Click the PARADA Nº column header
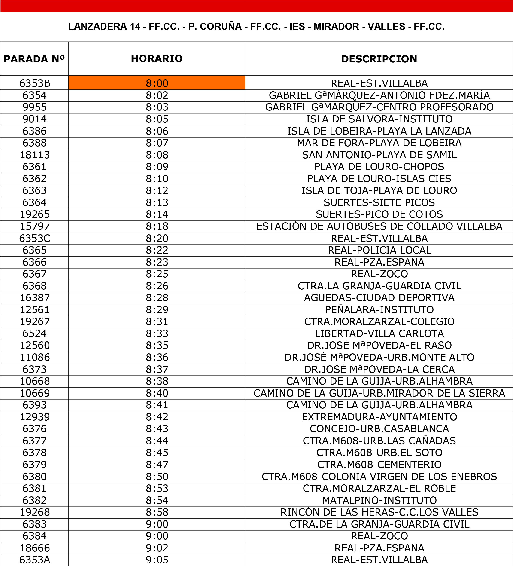[x=34, y=59]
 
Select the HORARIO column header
[x=157, y=58]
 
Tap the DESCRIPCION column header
[x=379, y=59]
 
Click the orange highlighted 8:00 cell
[x=157, y=83]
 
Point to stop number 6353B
[x=34, y=83]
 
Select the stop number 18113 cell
[x=34, y=155]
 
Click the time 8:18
[x=157, y=226]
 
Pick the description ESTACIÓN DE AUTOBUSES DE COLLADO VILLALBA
[x=379, y=226]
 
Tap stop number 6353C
[x=34, y=238]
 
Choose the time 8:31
[x=157, y=321]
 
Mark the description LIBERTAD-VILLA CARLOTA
[x=379, y=333]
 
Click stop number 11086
[x=34, y=357]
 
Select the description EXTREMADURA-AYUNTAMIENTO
[x=379, y=417]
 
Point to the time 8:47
[x=157, y=465]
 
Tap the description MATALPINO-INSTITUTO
[x=379, y=500]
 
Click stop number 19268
[x=34, y=512]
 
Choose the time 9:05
[x=157, y=560]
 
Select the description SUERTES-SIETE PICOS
[x=379, y=202]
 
